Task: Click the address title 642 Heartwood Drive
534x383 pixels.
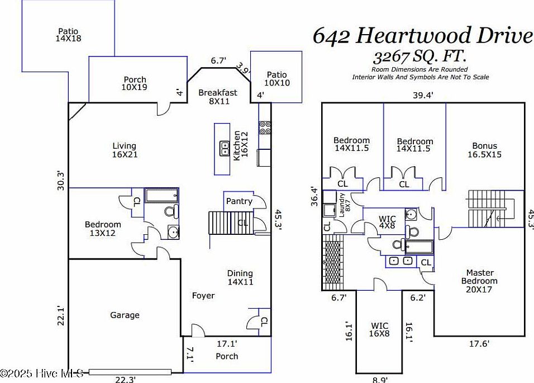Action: click(422, 35)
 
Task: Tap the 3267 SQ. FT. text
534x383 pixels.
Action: click(420, 56)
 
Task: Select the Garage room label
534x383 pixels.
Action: click(125, 315)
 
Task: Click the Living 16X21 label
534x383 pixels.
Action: click(125, 150)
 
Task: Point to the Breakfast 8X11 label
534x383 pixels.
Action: click(218, 97)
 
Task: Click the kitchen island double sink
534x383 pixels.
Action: click(225, 148)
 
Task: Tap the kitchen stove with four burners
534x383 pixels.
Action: click(265, 127)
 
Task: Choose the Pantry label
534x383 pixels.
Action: click(239, 201)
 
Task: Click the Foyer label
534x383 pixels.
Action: click(203, 296)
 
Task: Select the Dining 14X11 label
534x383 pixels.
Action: click(240, 277)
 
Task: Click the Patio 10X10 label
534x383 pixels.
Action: click(276, 78)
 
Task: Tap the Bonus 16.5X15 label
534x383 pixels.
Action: click(484, 150)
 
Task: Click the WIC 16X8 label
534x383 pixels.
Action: click(379, 330)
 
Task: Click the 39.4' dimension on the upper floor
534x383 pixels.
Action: click(422, 95)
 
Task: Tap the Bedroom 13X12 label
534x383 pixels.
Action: click(103, 228)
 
